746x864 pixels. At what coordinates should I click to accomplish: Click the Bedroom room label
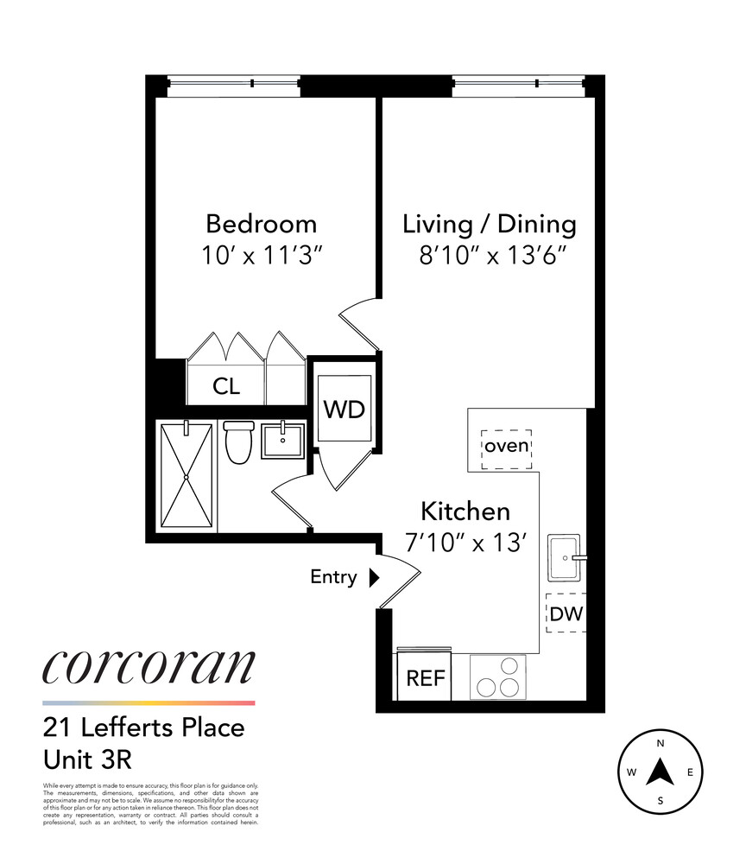click(261, 225)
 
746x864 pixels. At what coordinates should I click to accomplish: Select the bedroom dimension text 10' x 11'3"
click(261, 257)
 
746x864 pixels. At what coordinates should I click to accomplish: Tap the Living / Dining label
click(490, 225)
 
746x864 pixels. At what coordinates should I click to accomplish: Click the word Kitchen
click(465, 511)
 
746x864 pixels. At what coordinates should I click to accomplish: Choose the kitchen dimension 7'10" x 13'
click(465, 543)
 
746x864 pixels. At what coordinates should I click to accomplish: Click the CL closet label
click(226, 386)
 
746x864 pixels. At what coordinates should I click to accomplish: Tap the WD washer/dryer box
click(344, 409)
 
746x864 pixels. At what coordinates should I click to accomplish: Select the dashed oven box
click(506, 447)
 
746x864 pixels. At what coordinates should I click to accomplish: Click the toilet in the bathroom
click(237, 441)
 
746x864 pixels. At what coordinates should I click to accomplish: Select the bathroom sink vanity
click(281, 442)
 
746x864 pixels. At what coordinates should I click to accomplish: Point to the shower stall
click(186, 476)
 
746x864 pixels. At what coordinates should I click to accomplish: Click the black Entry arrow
click(374, 578)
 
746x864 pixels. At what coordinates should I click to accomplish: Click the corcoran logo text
click(149, 667)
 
